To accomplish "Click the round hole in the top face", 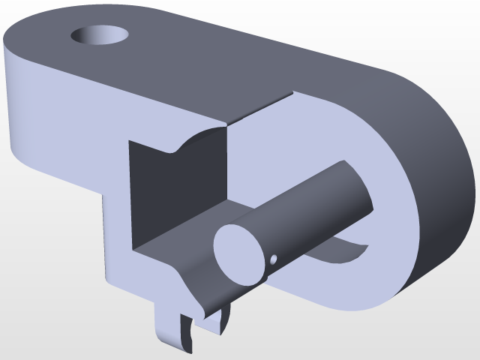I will tap(99, 34).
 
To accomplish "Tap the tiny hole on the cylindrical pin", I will tap(274, 259).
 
